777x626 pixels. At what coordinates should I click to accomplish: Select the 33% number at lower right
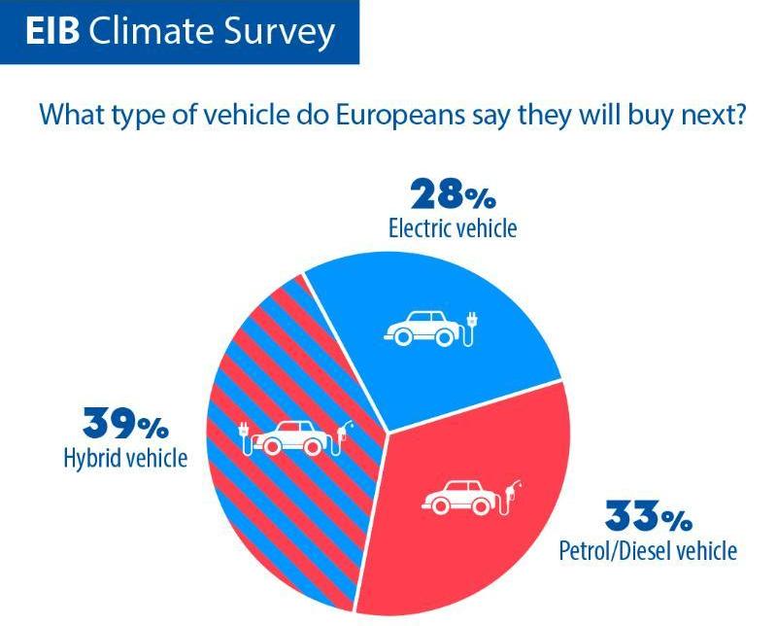tap(648, 515)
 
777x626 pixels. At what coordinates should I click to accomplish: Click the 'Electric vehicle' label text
tap(453, 229)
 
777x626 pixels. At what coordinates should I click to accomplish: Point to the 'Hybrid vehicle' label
tap(123, 457)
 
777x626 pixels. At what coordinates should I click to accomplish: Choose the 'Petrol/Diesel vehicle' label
tap(648, 551)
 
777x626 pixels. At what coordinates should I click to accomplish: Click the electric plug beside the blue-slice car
tap(473, 328)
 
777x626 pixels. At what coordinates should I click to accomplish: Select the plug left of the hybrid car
tap(246, 437)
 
